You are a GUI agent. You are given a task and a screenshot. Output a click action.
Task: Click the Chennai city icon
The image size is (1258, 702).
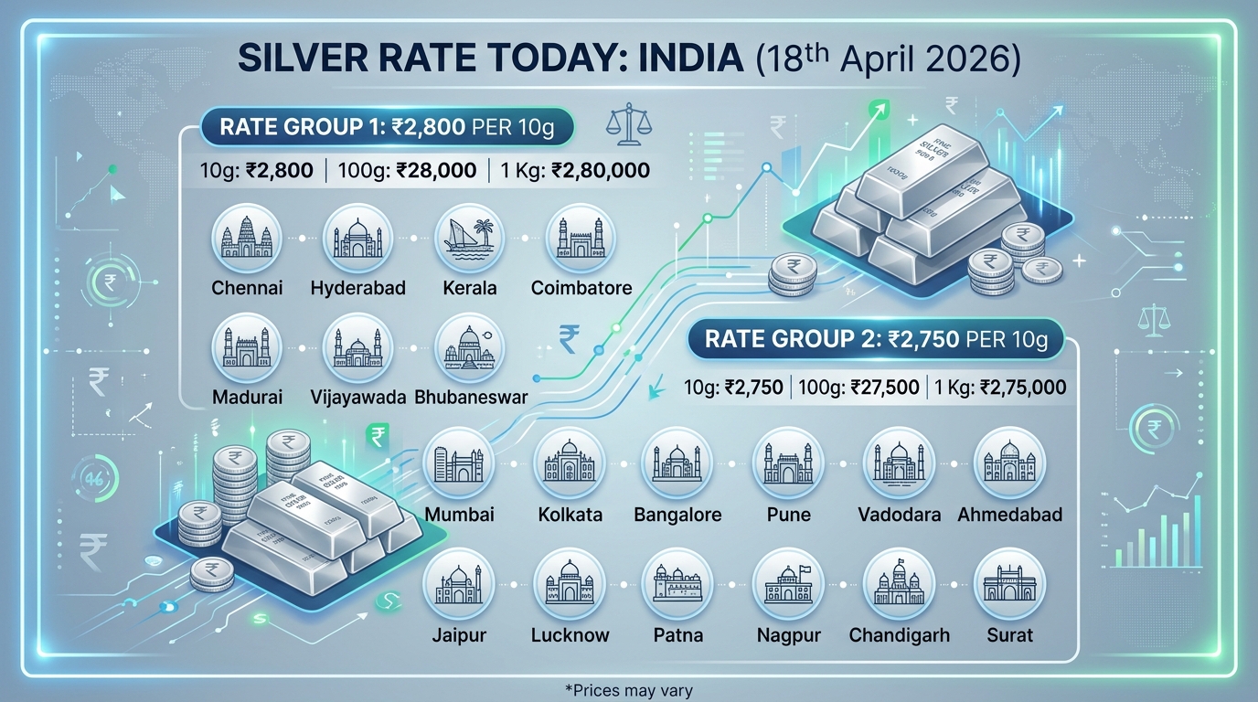[247, 240]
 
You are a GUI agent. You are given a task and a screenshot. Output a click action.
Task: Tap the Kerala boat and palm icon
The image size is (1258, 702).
[469, 240]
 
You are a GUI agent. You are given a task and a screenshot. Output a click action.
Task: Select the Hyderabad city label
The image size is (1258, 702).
[357, 288]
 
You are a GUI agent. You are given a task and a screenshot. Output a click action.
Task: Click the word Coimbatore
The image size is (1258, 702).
[581, 288]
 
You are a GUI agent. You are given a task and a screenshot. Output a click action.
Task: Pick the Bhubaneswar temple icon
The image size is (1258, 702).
[469, 349]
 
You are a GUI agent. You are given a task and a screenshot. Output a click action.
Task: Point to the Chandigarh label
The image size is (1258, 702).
[899, 634]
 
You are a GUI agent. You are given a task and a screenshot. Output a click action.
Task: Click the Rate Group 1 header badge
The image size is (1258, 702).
[377, 126]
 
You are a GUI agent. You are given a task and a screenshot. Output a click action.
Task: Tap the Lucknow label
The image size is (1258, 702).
[570, 634]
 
